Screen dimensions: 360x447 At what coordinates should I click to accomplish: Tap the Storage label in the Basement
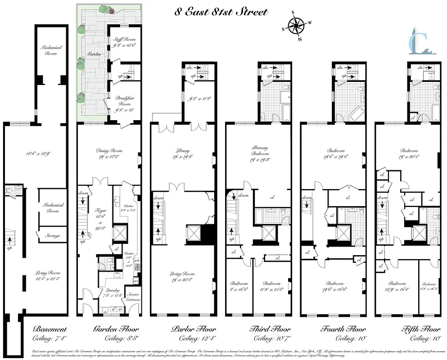point(52,236)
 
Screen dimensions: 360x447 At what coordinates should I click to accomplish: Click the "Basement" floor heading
point(50,329)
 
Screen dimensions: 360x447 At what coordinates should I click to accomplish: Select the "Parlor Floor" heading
point(194,329)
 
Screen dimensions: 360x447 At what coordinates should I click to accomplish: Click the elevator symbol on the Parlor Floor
point(194,233)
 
